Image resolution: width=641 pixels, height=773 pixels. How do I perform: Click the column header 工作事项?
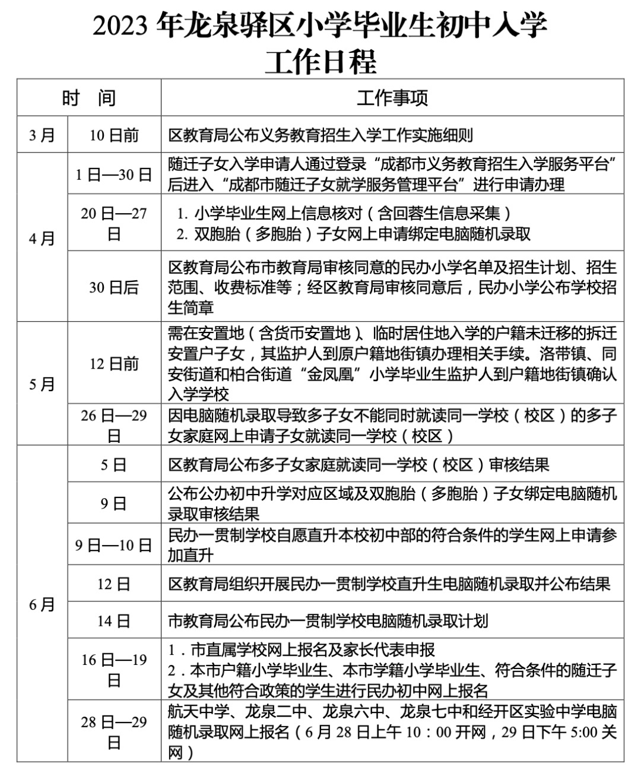coord(392,98)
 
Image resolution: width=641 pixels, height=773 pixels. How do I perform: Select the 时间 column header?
coord(89,98)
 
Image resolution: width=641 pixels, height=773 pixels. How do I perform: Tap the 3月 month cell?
coord(42,135)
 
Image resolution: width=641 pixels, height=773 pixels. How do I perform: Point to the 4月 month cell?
coord(42,238)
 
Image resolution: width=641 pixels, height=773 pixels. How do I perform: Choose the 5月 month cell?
coord(42,384)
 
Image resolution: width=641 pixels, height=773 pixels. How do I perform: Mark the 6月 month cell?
coord(42,604)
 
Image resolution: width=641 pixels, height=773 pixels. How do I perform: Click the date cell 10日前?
coord(114,135)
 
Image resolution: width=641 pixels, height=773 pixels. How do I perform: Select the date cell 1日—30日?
coord(114,174)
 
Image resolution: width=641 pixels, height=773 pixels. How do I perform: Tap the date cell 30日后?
coord(114,287)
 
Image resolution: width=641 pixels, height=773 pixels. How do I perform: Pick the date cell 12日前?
coord(114,363)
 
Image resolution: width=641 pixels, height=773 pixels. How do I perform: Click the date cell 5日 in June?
coord(114,464)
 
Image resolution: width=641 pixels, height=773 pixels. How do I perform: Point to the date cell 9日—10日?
coord(114,545)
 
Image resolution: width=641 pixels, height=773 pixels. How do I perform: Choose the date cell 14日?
coord(114,621)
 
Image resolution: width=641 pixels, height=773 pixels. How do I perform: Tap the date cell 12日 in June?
coord(114,584)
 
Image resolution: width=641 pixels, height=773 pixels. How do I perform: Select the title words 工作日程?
coord(320,61)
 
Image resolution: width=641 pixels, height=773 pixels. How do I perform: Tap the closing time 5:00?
coord(584,732)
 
